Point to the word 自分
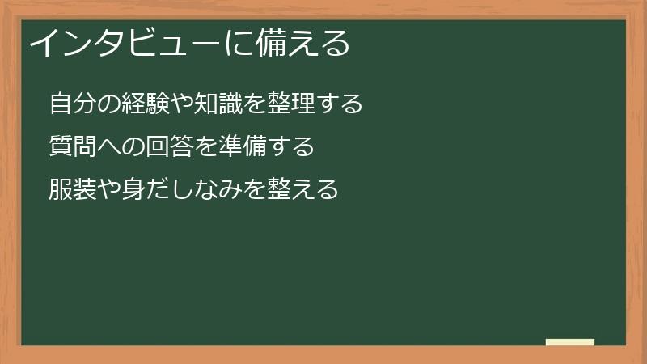click(72, 104)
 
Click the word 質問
click(72, 147)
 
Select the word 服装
click(72, 190)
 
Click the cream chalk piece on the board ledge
click(570, 342)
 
